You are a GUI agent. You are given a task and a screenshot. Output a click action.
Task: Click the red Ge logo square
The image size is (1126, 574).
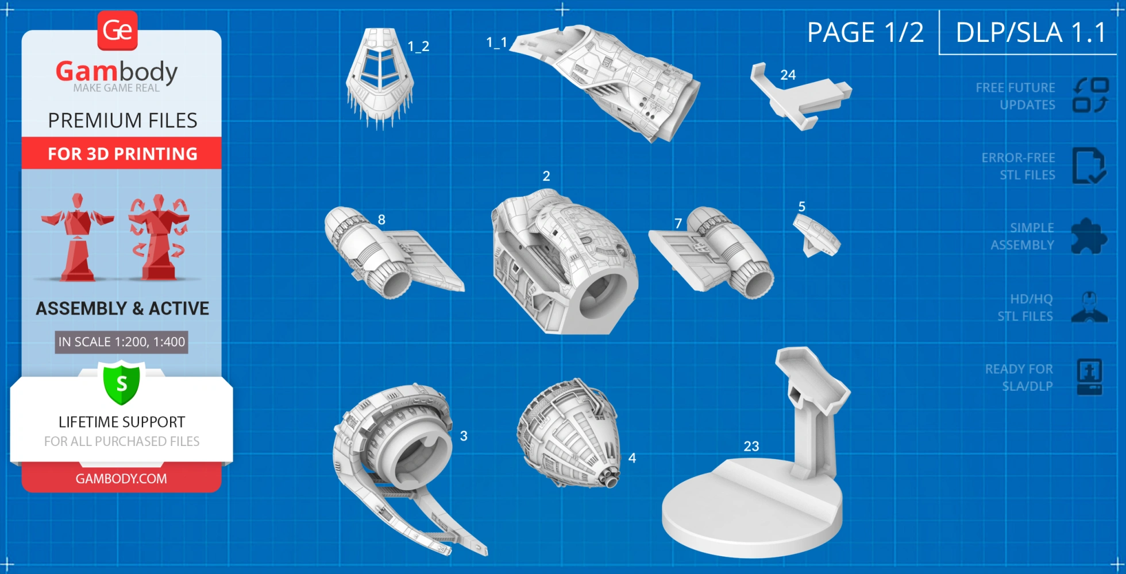point(118,30)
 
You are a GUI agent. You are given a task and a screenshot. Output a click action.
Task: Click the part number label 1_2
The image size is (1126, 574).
point(418,46)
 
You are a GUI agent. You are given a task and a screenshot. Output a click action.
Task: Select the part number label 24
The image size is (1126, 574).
point(788,75)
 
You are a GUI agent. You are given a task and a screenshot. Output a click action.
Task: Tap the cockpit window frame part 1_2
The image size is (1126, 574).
point(380,77)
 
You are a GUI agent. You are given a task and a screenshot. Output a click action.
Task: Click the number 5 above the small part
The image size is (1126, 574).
point(801,206)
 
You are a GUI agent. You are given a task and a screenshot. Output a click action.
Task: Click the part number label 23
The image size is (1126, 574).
point(751,446)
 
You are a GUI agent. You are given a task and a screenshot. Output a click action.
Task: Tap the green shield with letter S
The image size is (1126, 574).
point(122,383)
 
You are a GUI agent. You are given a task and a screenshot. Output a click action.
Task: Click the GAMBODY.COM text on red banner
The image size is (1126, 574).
point(121,479)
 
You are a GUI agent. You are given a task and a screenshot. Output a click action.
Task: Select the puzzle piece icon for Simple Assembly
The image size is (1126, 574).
point(1089,236)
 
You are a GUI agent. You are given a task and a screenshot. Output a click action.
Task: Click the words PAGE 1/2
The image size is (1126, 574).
point(865,32)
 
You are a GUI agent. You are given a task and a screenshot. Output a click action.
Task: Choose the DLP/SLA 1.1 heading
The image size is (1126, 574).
point(1031,32)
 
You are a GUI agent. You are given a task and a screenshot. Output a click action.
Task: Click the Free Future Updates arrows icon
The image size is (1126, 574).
point(1090,95)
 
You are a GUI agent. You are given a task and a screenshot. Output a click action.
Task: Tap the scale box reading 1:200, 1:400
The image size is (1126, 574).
point(122,342)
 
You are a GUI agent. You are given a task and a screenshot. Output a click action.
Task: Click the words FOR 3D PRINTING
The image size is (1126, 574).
point(122,154)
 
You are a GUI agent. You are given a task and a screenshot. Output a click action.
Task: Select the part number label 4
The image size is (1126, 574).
point(632,458)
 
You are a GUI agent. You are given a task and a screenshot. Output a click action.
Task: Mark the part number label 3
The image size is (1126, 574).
point(464,436)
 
